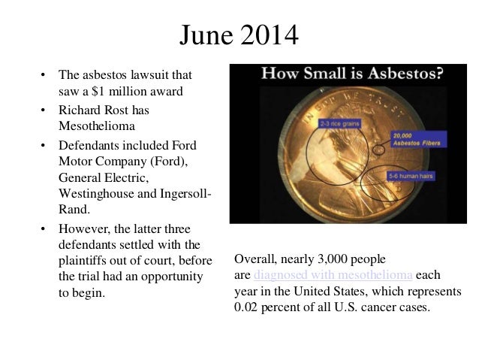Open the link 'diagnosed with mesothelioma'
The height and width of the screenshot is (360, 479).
tap(334, 276)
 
